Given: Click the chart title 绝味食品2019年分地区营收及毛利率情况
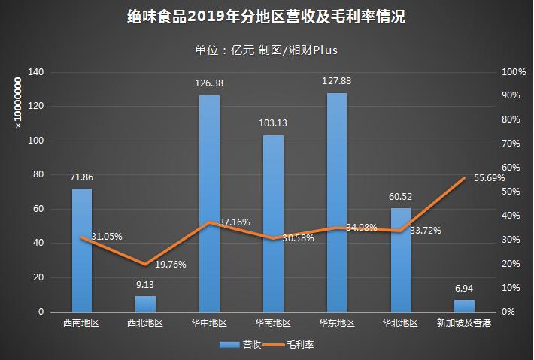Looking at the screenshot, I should pyautogui.click(x=266, y=17).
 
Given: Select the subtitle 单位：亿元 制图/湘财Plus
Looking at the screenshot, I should pyautogui.click(x=266, y=50).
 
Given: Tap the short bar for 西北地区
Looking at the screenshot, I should pyautogui.click(x=145, y=304).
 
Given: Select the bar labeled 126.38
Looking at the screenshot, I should pyautogui.click(x=209, y=203).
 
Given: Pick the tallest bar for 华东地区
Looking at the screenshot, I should pyautogui.click(x=337, y=203).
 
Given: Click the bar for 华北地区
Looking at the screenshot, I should pyautogui.click(x=401, y=259).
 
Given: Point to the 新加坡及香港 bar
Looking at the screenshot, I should pyautogui.click(x=464, y=306).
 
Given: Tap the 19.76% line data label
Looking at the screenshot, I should pyautogui.click(x=170, y=264).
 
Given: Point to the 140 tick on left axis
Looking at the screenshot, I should pyautogui.click(x=37, y=72).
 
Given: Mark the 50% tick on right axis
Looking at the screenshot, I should pyautogui.click(x=511, y=192).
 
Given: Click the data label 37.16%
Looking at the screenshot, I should pyautogui.click(x=234, y=222).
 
